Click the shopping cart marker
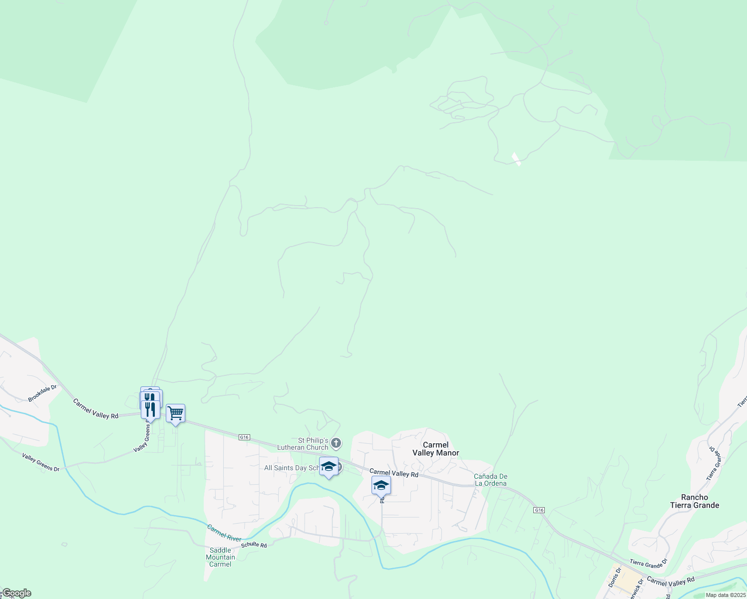[x=175, y=413]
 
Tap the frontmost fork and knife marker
[x=150, y=409]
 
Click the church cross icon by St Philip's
[x=337, y=442]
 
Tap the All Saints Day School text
[x=293, y=468]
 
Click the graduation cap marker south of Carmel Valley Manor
[x=381, y=485]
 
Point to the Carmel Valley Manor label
[x=435, y=449]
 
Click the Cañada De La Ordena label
[x=490, y=480]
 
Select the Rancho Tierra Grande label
[x=695, y=501]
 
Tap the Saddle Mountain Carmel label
[x=220, y=557]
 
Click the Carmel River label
[x=224, y=533]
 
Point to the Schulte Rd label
[x=254, y=545]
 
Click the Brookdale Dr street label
[x=42, y=393]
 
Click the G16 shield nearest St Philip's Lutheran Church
[x=244, y=437]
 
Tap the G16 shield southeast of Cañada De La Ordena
[x=539, y=510]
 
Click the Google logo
[x=16, y=593]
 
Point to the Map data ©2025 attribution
[x=725, y=595]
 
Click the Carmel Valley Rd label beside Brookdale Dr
[x=95, y=408]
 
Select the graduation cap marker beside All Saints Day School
[x=329, y=466]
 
